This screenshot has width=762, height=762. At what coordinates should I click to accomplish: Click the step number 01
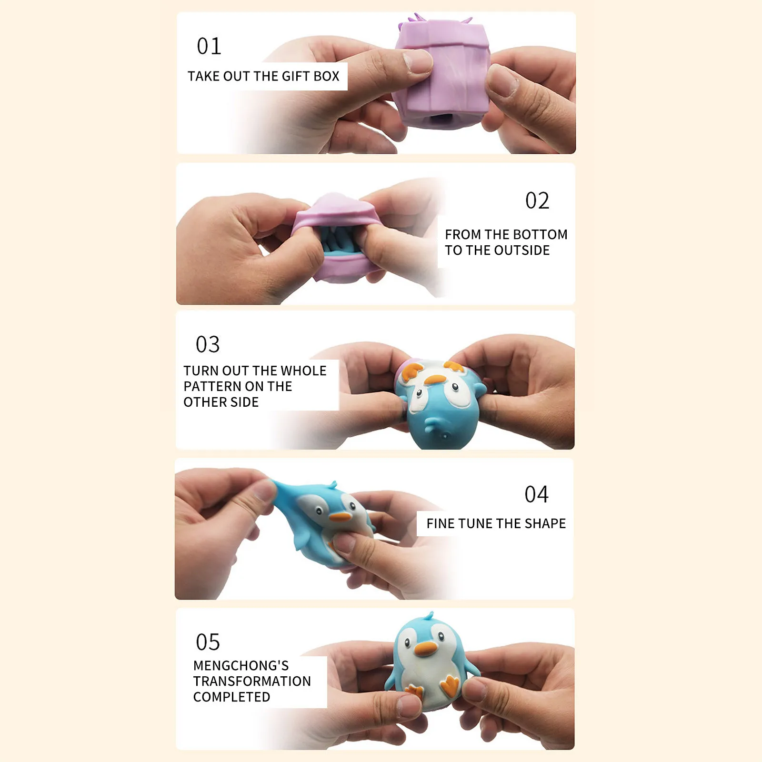pos(209,46)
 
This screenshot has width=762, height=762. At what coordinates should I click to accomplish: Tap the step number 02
pos(537,201)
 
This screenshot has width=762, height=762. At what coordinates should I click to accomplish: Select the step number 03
pos(208,344)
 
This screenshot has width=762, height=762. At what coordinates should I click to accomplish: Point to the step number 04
pos(536,494)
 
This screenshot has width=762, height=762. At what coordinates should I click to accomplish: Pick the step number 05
pos(208,642)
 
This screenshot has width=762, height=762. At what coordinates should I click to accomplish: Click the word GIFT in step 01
pos(296,76)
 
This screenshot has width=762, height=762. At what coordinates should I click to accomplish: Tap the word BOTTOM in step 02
pos(541,234)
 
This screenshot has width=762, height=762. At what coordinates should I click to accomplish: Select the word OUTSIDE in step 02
pos(522,251)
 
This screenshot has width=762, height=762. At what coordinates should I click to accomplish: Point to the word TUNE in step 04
pos(477,523)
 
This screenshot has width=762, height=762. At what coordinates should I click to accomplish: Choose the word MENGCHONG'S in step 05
pos(241,665)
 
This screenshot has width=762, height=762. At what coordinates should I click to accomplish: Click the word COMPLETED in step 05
pos(231,697)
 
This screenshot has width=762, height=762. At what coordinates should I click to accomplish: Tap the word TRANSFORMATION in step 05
pos(252,681)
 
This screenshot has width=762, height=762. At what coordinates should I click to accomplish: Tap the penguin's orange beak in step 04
pos(340,516)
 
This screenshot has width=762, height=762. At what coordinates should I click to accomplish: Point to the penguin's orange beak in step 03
pos(435,380)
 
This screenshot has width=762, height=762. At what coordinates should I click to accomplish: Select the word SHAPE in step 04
pos(545,523)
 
